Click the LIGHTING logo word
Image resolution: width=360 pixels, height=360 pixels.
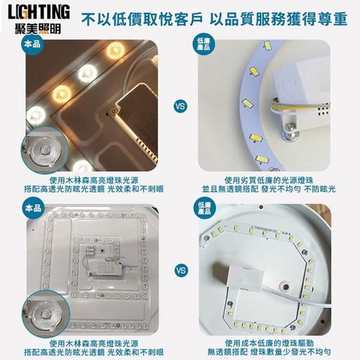39,12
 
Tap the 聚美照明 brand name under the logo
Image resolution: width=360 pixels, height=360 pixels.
38,29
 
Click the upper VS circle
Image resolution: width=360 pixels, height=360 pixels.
181,106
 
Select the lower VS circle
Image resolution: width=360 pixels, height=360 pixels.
181,270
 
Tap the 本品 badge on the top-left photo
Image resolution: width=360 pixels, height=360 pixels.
33,44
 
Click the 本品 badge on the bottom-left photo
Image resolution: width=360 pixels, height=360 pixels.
33,208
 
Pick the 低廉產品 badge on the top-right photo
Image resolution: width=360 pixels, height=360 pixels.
203,44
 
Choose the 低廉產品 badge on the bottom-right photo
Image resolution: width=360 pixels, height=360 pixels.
204,208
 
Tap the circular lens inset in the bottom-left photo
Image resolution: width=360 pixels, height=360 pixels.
46,314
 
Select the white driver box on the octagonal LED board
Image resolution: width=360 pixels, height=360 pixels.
245,278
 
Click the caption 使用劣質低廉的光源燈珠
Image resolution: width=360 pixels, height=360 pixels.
269,181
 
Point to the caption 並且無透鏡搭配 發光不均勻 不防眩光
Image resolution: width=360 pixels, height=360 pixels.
269,190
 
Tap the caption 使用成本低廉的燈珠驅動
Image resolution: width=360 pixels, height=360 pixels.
269,343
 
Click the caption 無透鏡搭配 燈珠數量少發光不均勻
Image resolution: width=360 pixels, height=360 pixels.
269,352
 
